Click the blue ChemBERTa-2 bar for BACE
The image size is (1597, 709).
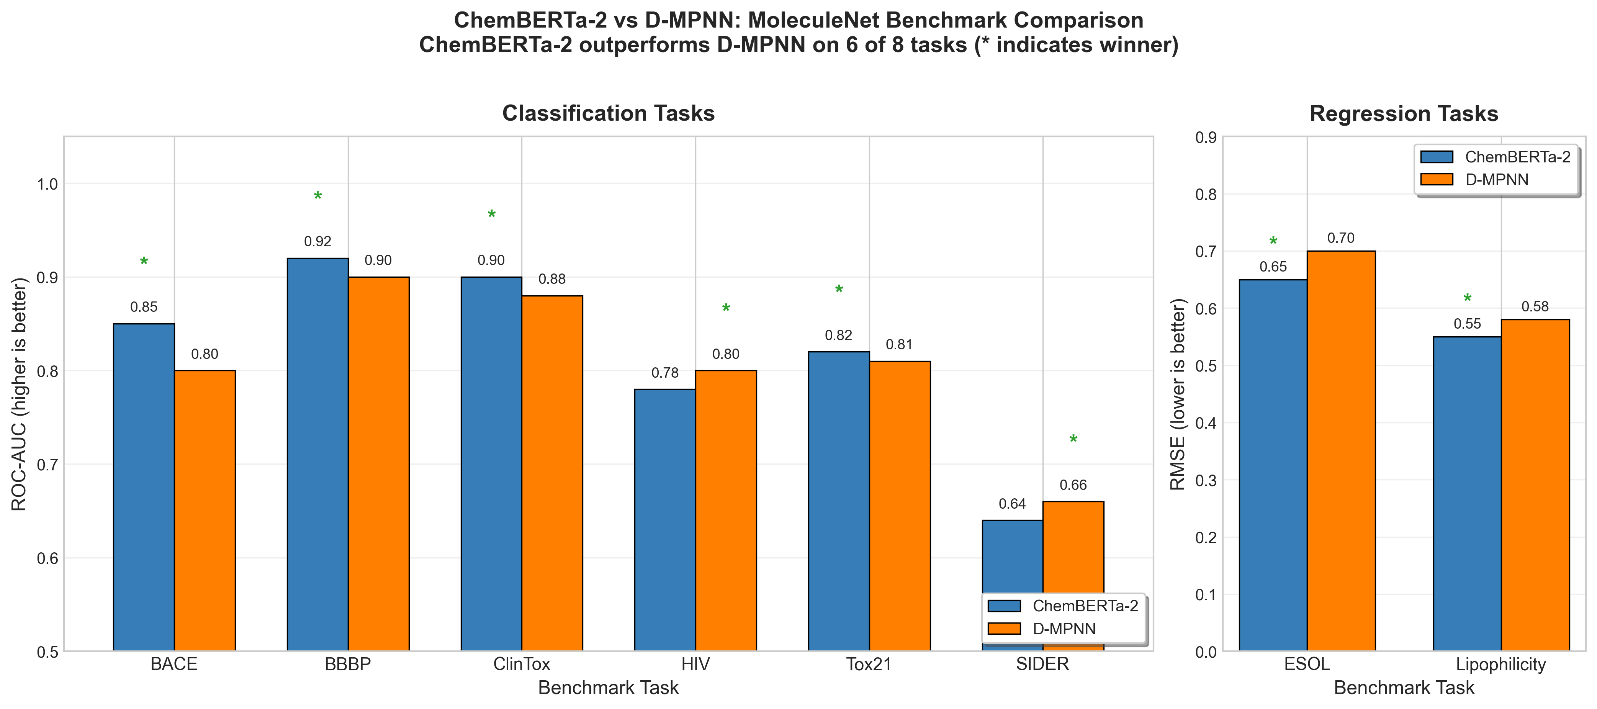click(x=144, y=487)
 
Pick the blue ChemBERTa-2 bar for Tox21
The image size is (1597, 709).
click(x=839, y=501)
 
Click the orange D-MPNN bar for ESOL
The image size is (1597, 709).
click(x=1341, y=450)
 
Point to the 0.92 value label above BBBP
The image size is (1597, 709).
click(x=317, y=241)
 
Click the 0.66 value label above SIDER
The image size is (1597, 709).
click(x=1073, y=485)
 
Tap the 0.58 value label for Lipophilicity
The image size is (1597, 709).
click(x=1535, y=306)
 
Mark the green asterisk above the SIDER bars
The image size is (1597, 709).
click(x=1073, y=440)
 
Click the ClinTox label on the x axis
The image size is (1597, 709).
click(x=521, y=664)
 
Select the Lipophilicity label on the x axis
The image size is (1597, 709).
click(x=1501, y=664)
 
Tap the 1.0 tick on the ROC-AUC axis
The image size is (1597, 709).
click(x=47, y=184)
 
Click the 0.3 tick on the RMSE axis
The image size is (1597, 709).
click(x=1206, y=481)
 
